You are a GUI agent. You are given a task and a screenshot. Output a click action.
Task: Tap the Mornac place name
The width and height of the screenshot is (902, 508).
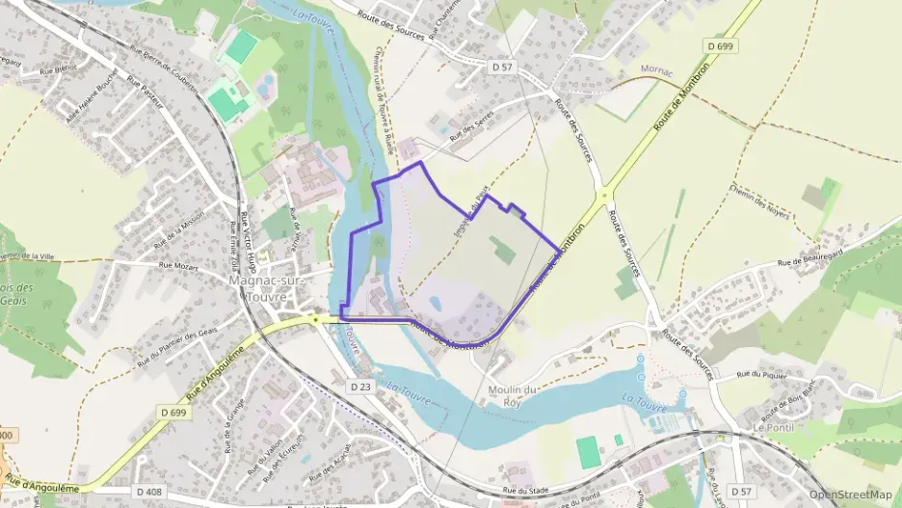click(x=657, y=70)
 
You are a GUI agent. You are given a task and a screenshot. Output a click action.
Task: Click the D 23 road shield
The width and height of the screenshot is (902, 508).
click(x=359, y=386)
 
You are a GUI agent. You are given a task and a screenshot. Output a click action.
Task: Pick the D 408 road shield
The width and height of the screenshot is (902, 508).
click(x=149, y=492)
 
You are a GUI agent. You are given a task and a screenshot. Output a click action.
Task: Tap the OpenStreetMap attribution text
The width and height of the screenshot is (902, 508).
click(x=851, y=495)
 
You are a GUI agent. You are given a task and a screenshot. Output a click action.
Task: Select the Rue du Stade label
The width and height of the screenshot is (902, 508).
click(x=529, y=491)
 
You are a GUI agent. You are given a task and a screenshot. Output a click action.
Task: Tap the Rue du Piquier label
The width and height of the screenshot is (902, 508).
click(x=762, y=375)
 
